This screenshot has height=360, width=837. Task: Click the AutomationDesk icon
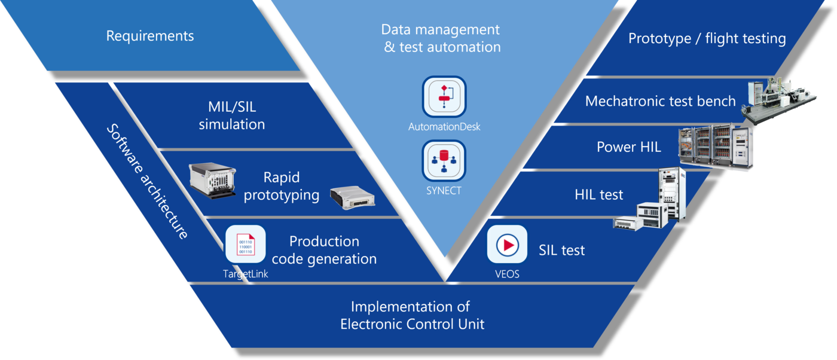pyautogui.click(x=444, y=96)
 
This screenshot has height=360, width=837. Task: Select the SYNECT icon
pyautogui.click(x=444, y=161)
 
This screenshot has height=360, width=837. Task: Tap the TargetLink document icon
pyautogui.click(x=246, y=244)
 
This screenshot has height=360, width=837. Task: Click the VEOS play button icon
pyautogui.click(x=507, y=244)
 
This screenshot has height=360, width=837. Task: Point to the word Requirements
pyautogui.click(x=150, y=36)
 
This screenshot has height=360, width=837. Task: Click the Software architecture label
pyautogui.click(x=148, y=181)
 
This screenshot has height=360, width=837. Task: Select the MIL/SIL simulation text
pyautogui.click(x=232, y=115)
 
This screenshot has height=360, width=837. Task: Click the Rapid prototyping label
pyautogui.click(x=282, y=186)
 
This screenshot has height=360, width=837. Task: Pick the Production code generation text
pyautogui.click(x=324, y=250)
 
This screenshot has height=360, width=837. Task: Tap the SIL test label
pyautogui.click(x=561, y=250)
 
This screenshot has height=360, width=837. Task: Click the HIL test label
pyautogui.click(x=598, y=195)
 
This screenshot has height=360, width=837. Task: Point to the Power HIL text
pyautogui.click(x=629, y=147)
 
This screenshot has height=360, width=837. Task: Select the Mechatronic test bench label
pyautogui.click(x=660, y=101)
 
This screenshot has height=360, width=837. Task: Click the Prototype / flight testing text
pyautogui.click(x=707, y=38)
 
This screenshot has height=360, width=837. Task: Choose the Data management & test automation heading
pyautogui.click(x=441, y=38)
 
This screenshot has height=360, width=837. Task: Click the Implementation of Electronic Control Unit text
pyautogui.click(x=412, y=315)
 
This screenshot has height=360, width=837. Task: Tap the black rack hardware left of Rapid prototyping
pyautogui.click(x=212, y=180)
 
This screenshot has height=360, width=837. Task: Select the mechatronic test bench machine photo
pyautogui.click(x=779, y=100)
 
